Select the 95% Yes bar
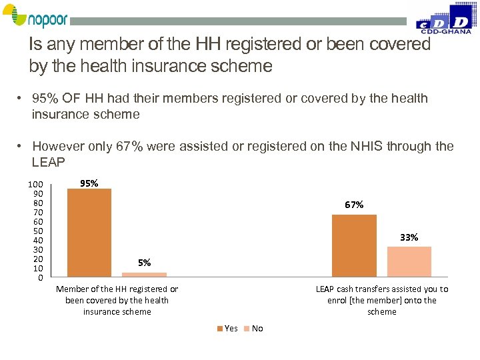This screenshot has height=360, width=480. click(x=89, y=232)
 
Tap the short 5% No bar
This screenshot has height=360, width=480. click(x=144, y=274)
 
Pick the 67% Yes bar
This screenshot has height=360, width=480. click(x=354, y=245)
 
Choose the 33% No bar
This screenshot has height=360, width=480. click(x=409, y=261)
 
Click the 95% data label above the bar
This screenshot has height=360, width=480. click(x=89, y=183)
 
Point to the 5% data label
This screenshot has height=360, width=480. click(x=144, y=263)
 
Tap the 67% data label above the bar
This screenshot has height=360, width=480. click(x=354, y=205)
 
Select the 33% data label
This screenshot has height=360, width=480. click(x=409, y=237)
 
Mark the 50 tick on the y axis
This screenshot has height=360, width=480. click(x=38, y=231)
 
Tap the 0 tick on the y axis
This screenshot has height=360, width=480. click(x=41, y=277)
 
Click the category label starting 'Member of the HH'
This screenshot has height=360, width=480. click(x=117, y=300)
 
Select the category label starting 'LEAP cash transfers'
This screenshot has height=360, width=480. click(x=382, y=300)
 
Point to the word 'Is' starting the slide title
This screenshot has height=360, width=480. click(x=37, y=45)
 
